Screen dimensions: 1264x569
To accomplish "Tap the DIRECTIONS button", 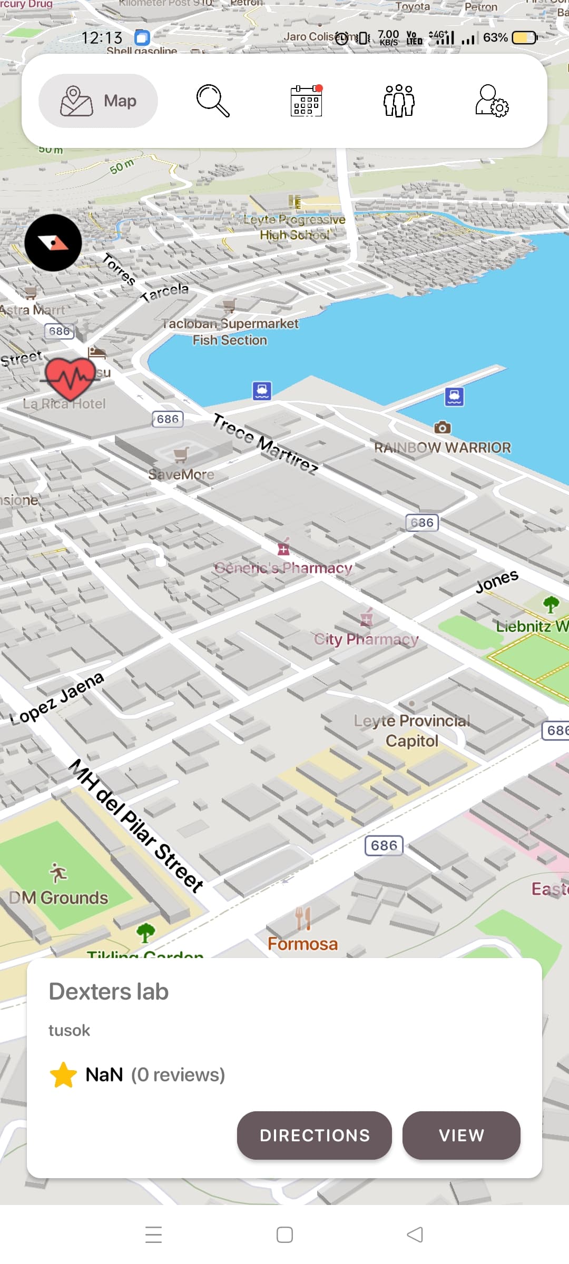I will [x=314, y=1135].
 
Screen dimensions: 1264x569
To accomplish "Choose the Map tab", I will [x=99, y=101].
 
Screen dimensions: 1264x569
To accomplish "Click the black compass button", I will [x=53, y=243].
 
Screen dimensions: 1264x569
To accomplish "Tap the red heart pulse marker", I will [x=70, y=377].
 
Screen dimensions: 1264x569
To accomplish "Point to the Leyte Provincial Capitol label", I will [x=412, y=730].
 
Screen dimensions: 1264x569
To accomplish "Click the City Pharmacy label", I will [x=367, y=639].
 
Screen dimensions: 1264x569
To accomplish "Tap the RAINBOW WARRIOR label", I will [x=443, y=447].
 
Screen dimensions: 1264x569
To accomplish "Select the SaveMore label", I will [x=181, y=474].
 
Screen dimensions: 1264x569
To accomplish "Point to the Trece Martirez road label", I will [x=266, y=444].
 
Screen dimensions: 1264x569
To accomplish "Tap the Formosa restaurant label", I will [x=302, y=943].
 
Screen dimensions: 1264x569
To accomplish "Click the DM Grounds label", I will [x=58, y=897].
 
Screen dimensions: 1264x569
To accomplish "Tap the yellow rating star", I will [x=64, y=1074].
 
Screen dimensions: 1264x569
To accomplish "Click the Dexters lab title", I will [x=109, y=991].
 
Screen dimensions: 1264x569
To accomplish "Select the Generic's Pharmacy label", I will [x=283, y=568].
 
